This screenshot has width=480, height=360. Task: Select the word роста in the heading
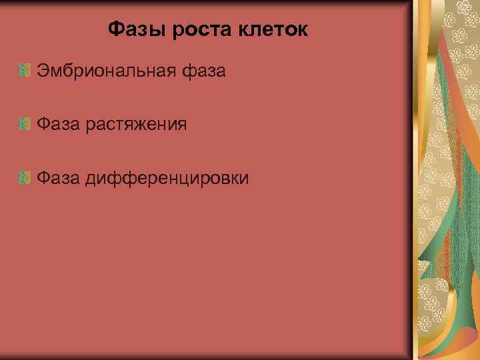pyautogui.click(x=191, y=30)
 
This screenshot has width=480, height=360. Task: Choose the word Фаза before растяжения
pyautogui.click(x=58, y=124)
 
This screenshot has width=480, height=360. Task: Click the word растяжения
pyautogui.click(x=135, y=125)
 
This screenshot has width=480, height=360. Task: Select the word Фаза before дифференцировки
pyautogui.click(x=58, y=178)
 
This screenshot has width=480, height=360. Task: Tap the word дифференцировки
pyautogui.click(x=167, y=179)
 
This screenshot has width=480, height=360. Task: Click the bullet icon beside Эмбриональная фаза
pyautogui.click(x=25, y=70)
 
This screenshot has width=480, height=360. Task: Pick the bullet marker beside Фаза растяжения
pyautogui.click(x=25, y=124)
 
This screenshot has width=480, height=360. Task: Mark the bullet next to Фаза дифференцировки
pyautogui.click(x=25, y=178)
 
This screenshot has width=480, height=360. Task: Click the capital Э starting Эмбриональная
pyautogui.click(x=43, y=70)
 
